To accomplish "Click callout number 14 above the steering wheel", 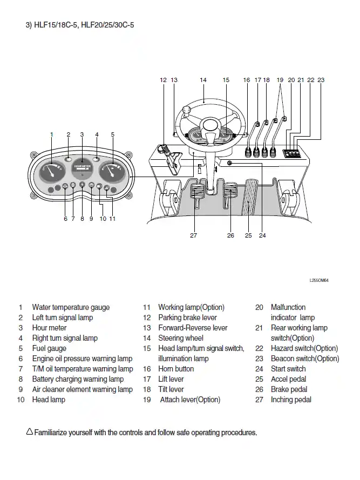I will click(x=203, y=80).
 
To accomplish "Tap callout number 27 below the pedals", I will click(x=193, y=235).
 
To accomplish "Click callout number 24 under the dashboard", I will click(x=262, y=235).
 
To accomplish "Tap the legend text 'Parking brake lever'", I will click(x=187, y=317).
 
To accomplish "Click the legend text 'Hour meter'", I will click(x=49, y=328).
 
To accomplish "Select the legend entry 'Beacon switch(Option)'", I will click(x=305, y=359).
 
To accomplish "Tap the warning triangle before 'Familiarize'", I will click(x=29, y=432).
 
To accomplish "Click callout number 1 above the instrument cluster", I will click(x=52, y=134).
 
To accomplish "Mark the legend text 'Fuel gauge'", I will click(x=49, y=348).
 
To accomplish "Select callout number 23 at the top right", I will click(x=321, y=80).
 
